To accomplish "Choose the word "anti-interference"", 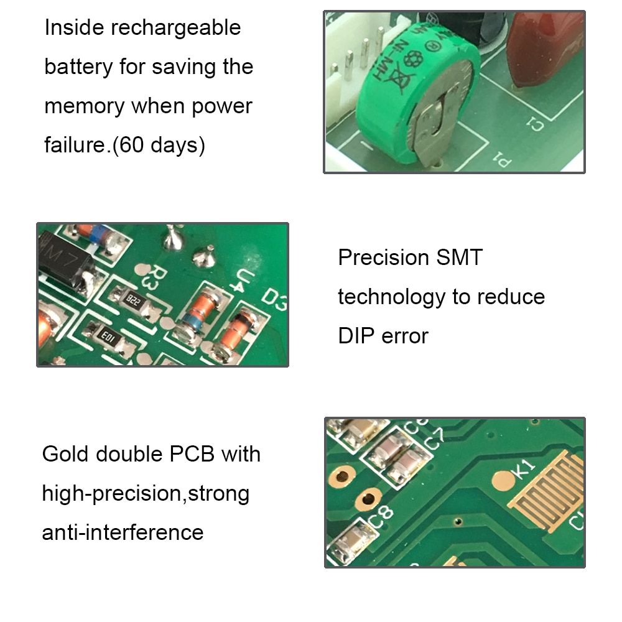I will click(123, 532).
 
